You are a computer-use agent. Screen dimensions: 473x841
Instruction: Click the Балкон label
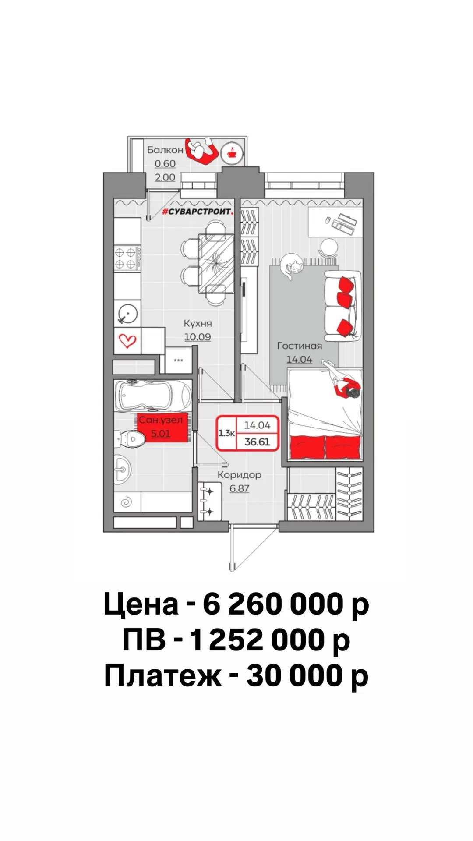165,150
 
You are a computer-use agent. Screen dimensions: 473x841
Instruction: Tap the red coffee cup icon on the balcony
232,153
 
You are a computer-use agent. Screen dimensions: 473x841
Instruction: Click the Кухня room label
198,324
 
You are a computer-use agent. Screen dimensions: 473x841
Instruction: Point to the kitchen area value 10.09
198,337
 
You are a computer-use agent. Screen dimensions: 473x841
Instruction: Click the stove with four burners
127,258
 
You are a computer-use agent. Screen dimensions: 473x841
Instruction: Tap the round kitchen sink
128,314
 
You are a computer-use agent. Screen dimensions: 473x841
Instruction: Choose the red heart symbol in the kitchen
127,340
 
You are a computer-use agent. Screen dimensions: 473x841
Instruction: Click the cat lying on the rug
291,265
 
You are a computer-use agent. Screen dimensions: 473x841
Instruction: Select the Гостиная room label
300,346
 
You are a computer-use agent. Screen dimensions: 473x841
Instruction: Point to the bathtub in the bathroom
153,395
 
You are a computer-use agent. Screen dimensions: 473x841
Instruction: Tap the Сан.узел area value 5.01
161,434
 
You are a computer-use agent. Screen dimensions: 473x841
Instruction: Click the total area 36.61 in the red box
257,442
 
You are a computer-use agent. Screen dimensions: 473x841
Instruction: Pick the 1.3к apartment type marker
227,433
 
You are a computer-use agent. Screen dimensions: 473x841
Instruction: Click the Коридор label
240,475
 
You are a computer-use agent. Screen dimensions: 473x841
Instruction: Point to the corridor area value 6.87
240,488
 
